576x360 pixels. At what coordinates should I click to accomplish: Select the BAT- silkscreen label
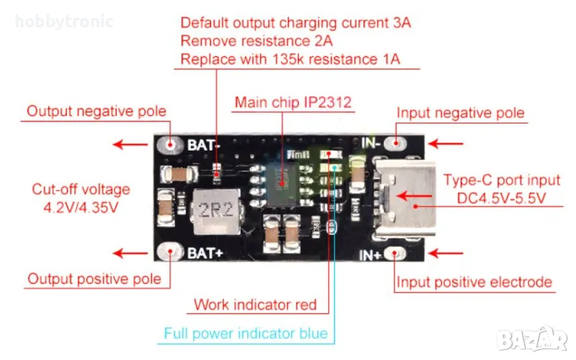(x=202, y=145)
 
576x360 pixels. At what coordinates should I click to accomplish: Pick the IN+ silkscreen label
(x=372, y=255)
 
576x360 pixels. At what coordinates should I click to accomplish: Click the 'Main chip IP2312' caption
(x=293, y=102)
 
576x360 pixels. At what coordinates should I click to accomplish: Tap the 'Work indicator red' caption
(x=255, y=305)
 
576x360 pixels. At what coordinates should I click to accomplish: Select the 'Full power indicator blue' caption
(x=246, y=333)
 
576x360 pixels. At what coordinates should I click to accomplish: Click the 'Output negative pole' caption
(x=96, y=112)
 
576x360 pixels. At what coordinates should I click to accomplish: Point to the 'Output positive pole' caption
(x=94, y=279)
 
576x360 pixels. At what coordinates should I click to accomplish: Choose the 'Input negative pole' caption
(x=461, y=113)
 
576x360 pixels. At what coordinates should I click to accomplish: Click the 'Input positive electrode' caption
(x=474, y=282)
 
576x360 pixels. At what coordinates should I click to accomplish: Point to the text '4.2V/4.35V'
(x=81, y=207)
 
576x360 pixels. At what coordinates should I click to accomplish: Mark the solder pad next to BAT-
(x=171, y=144)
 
